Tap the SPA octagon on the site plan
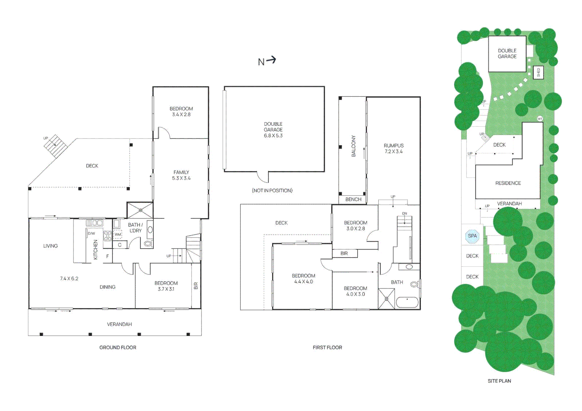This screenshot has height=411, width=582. pyautogui.click(x=472, y=236)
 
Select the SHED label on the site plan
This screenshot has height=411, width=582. pyautogui.click(x=538, y=72)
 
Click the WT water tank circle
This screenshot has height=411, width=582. pyautogui.click(x=540, y=119)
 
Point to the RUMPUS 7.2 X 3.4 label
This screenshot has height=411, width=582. pyautogui.click(x=393, y=148)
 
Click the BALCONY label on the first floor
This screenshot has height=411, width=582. pyautogui.click(x=353, y=146)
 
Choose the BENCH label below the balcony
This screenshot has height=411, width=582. pyautogui.click(x=353, y=199)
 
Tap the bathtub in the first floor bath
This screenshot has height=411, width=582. pyautogui.click(x=407, y=302)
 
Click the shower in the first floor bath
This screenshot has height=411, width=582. pyautogui.click(x=386, y=299)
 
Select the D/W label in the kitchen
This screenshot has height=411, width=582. pyautogui.click(x=91, y=233)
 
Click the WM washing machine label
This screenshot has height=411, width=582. pyautogui.click(x=118, y=234)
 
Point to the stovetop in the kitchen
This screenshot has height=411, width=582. pyautogui.click(x=108, y=236)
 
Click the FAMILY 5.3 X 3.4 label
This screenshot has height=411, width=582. pyautogui.click(x=181, y=175)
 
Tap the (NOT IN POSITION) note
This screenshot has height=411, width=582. pyautogui.click(x=272, y=190)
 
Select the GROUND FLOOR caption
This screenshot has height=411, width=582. pyautogui.click(x=118, y=347)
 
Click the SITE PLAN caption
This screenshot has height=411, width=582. pyautogui.click(x=499, y=381)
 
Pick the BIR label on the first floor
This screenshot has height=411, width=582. pyautogui.click(x=344, y=253)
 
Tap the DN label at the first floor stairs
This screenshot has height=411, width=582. pyautogui.click(x=405, y=213)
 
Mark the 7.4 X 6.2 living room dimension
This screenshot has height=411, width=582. pyautogui.click(x=69, y=279)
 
